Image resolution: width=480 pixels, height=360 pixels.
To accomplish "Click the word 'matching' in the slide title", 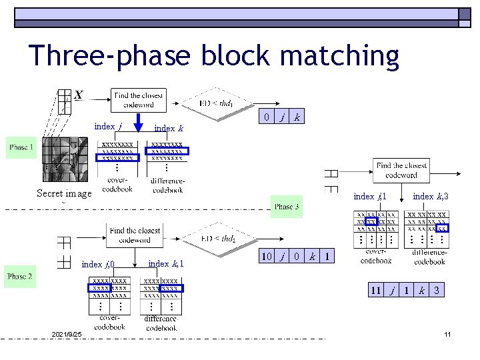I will tap(332, 57).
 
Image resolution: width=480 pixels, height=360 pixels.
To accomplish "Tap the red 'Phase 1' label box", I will tap(21, 147).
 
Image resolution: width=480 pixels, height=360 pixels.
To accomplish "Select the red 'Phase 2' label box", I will tap(21, 276).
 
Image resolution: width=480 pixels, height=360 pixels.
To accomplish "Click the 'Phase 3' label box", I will tap(285, 206).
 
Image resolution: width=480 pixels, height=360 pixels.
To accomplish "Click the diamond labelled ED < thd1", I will tap(217, 103).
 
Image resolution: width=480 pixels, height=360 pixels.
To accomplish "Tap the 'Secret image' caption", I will tap(64, 194).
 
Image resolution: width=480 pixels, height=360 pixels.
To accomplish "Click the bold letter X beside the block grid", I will tap(79, 95).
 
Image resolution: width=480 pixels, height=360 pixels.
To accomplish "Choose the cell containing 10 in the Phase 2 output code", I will tap(266, 257).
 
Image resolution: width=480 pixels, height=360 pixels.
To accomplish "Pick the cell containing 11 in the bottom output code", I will tap(375, 291).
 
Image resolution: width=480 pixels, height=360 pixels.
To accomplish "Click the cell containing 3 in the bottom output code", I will tap(437, 291).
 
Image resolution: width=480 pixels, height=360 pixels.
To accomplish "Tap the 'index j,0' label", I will tap(98, 265).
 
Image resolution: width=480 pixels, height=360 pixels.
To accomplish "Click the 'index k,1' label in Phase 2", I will tap(166, 264).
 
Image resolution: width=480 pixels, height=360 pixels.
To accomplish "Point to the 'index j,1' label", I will tap(370, 196).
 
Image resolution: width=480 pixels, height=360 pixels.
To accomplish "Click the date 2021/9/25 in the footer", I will tap(66, 333).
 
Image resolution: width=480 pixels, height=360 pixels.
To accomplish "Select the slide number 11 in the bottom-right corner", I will tap(448, 333).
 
